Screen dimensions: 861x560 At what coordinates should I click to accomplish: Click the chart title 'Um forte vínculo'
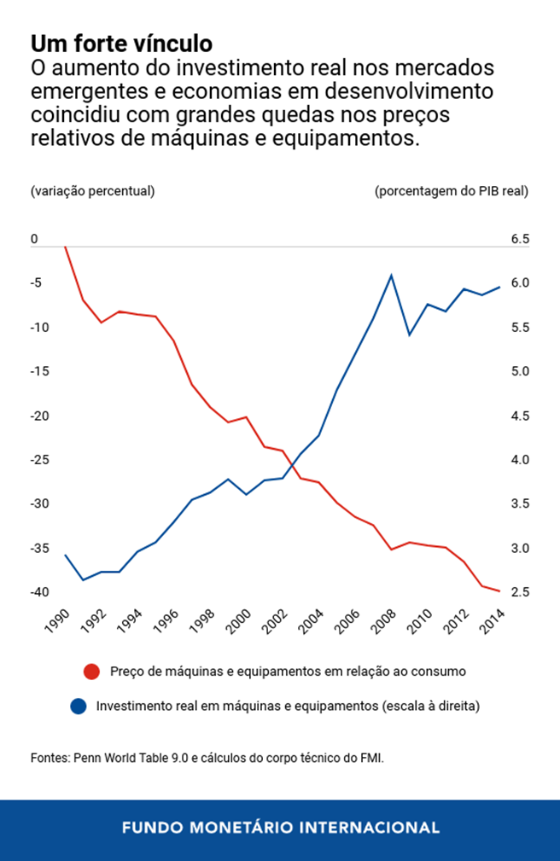121,43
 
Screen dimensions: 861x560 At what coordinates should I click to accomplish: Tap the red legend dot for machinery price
92,672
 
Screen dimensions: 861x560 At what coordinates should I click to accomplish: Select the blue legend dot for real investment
79,707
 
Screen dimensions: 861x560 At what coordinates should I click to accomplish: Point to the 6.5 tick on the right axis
520,240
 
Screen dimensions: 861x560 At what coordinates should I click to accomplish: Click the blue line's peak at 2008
391,275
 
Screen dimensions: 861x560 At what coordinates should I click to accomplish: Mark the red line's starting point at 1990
66,247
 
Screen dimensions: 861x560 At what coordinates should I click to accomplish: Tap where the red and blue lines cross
293,464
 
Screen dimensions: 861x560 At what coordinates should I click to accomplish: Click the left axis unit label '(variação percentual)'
92,191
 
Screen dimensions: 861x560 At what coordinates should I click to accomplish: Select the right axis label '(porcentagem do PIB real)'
451,191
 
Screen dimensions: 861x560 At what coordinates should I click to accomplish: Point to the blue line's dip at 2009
409,335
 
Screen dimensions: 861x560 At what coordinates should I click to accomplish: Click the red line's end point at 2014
499,591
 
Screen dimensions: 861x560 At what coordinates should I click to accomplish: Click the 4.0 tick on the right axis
520,460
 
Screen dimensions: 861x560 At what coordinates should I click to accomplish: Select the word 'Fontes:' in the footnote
50,757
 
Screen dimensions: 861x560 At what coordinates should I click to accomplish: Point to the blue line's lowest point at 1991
84,580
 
